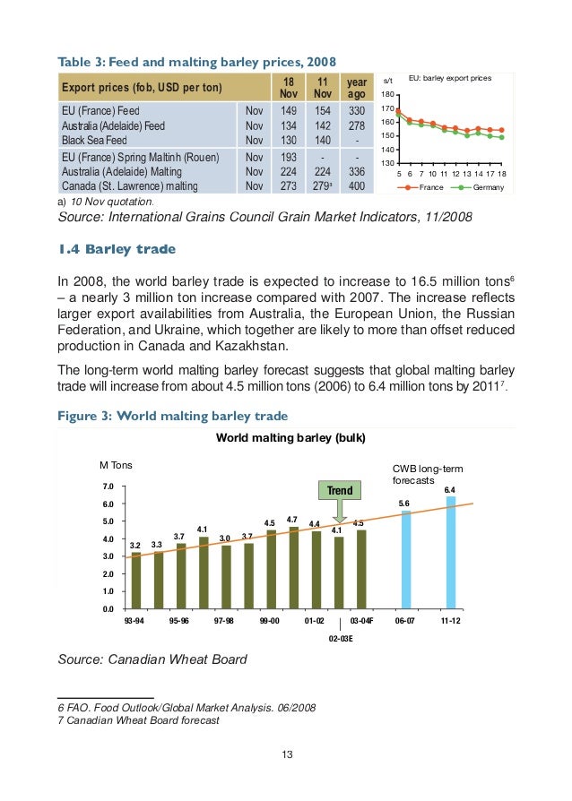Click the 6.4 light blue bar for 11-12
coord(450,553)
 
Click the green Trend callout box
coord(340,490)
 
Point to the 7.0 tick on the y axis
coord(107,487)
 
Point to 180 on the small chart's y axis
coord(387,95)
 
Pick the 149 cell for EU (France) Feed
coord(289,111)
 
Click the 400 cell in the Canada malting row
coord(357,185)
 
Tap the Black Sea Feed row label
coord(91,141)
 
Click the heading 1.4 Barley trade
coord(117,248)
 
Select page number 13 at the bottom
coord(287,754)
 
